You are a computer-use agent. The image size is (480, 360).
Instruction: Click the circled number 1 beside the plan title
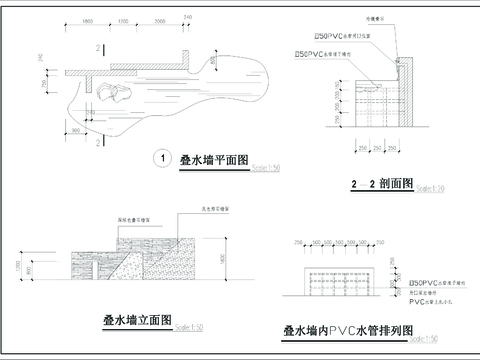[161, 158]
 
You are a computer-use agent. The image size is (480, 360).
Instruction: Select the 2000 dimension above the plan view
[163, 20]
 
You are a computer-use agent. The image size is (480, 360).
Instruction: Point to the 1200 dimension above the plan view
[122, 20]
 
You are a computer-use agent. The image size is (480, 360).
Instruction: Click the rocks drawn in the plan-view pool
[113, 92]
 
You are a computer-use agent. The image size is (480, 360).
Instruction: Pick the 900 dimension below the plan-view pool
[77, 130]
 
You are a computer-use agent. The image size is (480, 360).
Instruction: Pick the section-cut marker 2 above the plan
[98, 47]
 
